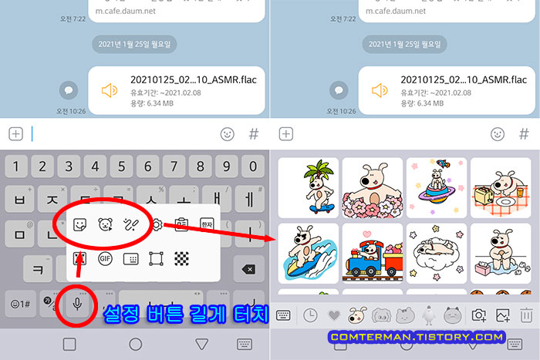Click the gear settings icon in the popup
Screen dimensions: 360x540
coord(157,225)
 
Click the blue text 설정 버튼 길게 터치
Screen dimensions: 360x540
coord(184,315)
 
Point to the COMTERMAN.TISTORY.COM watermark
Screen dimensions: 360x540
coord(417,337)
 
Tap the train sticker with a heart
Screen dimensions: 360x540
coord(372,253)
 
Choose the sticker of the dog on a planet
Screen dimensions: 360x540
coord(436,186)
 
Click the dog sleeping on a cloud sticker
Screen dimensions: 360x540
coord(436,251)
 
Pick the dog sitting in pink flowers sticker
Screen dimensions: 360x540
coord(372,187)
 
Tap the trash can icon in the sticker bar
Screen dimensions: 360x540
coord(527,315)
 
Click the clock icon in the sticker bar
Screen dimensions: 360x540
coord(309,315)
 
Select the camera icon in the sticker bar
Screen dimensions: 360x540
coord(479,315)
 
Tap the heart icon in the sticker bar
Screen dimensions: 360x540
coord(333,315)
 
